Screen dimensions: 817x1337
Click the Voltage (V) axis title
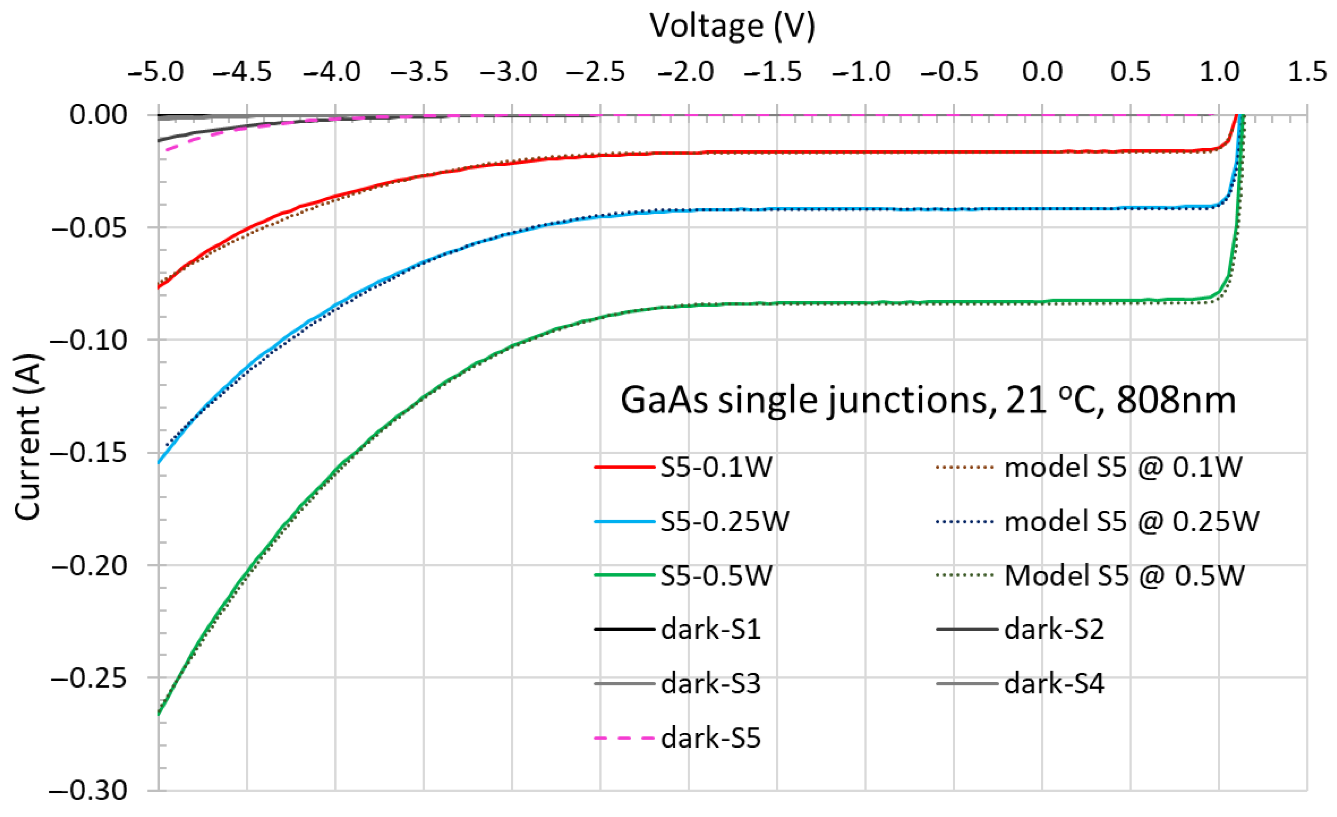[732, 26]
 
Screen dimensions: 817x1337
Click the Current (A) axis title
[27, 437]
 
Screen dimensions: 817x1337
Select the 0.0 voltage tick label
[1042, 72]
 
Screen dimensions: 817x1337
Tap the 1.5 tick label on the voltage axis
[1308, 72]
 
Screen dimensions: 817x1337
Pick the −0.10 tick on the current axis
[89, 340]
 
